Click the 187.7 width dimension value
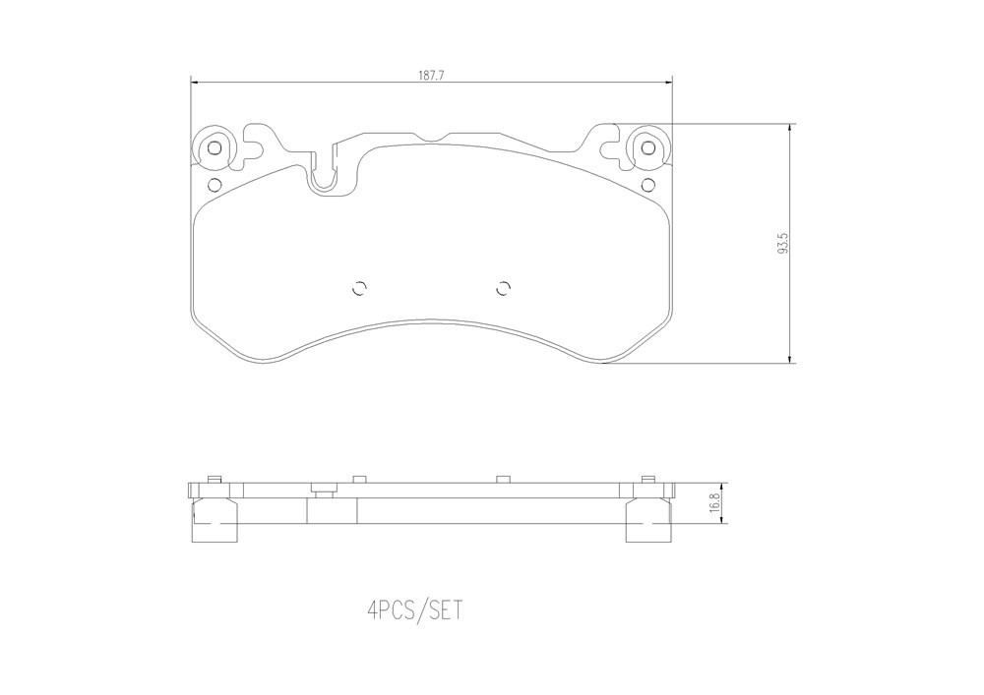click(431, 76)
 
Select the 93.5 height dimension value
click(782, 243)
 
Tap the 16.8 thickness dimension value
click(712, 502)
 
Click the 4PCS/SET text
click(416, 609)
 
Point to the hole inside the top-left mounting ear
click(214, 148)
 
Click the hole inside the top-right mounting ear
click(648, 148)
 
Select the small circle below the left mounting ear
click(214, 185)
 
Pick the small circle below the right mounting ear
click(648, 185)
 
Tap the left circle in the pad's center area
click(359, 288)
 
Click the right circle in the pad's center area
click(503, 288)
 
